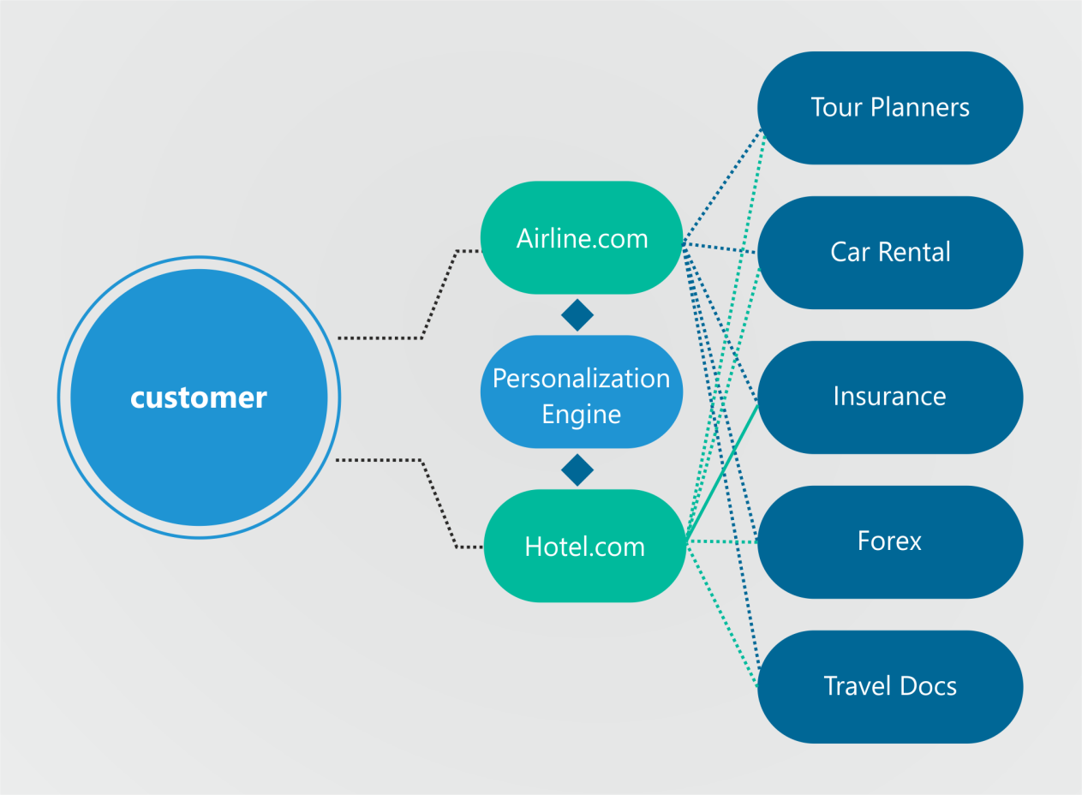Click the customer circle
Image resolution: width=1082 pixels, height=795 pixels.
pyautogui.click(x=199, y=397)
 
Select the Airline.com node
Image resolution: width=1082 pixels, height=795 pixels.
pyautogui.click(x=582, y=237)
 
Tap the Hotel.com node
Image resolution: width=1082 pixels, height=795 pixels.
pyautogui.click(x=584, y=546)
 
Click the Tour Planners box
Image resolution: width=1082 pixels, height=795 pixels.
pyautogui.click(x=890, y=108)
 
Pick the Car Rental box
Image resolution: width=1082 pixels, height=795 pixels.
pyautogui.click(x=890, y=253)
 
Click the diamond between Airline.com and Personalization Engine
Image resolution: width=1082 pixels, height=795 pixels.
pyautogui.click(x=577, y=315)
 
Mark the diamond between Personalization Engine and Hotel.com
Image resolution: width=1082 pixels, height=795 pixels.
pyautogui.click(x=577, y=469)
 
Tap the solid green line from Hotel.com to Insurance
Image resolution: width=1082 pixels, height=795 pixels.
pyautogui.click(x=721, y=472)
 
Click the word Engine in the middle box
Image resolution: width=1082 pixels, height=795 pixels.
pyautogui.click(x=581, y=415)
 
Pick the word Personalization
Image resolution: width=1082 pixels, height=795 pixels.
pyautogui.click(x=581, y=378)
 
